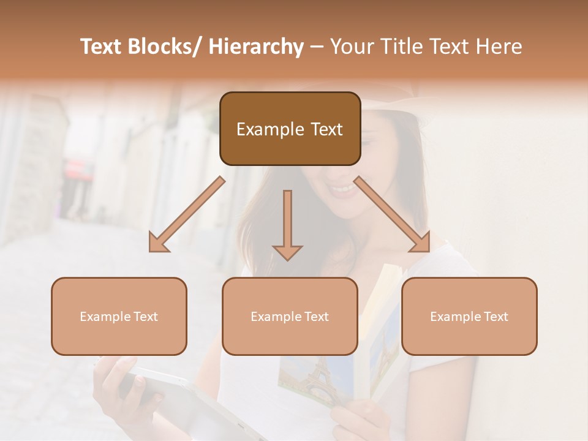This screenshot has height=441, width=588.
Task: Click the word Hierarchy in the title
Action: coord(256,47)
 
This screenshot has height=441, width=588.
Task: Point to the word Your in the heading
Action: coord(351,47)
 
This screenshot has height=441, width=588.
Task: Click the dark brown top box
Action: coord(290,129)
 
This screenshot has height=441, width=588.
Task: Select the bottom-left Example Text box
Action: coord(119,317)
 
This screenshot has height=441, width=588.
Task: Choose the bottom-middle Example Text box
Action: coord(290,317)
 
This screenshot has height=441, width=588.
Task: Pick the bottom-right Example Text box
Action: coord(469,317)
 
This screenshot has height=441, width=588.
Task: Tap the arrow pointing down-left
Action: coord(187,215)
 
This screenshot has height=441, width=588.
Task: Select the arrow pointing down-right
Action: coord(392,215)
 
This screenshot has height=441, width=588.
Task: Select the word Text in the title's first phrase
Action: coord(101,47)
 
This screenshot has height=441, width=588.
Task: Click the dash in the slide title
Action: coord(316,47)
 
